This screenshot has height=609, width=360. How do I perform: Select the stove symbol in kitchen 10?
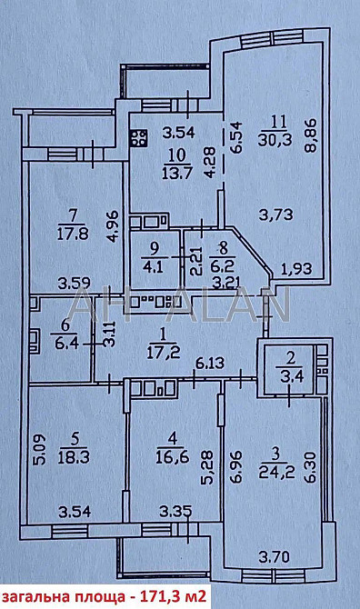click(139, 138)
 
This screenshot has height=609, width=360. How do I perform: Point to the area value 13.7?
click(177, 171)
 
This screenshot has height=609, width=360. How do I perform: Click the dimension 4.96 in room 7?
click(115, 226)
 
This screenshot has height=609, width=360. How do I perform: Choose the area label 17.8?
click(73, 235)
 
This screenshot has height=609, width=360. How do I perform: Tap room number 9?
click(155, 246)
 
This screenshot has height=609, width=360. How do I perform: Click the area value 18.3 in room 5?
click(74, 457)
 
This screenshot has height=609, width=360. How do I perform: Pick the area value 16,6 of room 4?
click(173, 456)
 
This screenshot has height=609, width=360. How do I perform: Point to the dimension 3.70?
click(275, 557)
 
